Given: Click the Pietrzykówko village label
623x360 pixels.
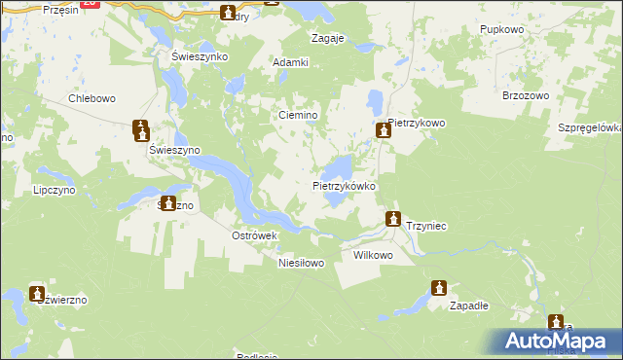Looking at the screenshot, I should pos(344,185).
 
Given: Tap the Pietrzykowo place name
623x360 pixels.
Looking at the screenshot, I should pos(416,123).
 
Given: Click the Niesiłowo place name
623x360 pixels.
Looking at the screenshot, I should pos(300,263).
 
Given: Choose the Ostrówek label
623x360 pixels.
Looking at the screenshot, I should pos(255,235).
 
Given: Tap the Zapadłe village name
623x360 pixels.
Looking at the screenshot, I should pos(468,305).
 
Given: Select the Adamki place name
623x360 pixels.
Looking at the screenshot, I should pos(291,62).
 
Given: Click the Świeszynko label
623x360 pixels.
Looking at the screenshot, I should pos(199,56).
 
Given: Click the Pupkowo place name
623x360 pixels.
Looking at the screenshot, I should pos(503,30).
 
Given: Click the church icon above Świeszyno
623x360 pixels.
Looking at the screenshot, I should pos(141,128).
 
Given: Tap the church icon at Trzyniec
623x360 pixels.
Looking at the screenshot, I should pos(393,220).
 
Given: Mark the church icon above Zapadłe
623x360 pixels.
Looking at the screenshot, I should pos(439,289).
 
